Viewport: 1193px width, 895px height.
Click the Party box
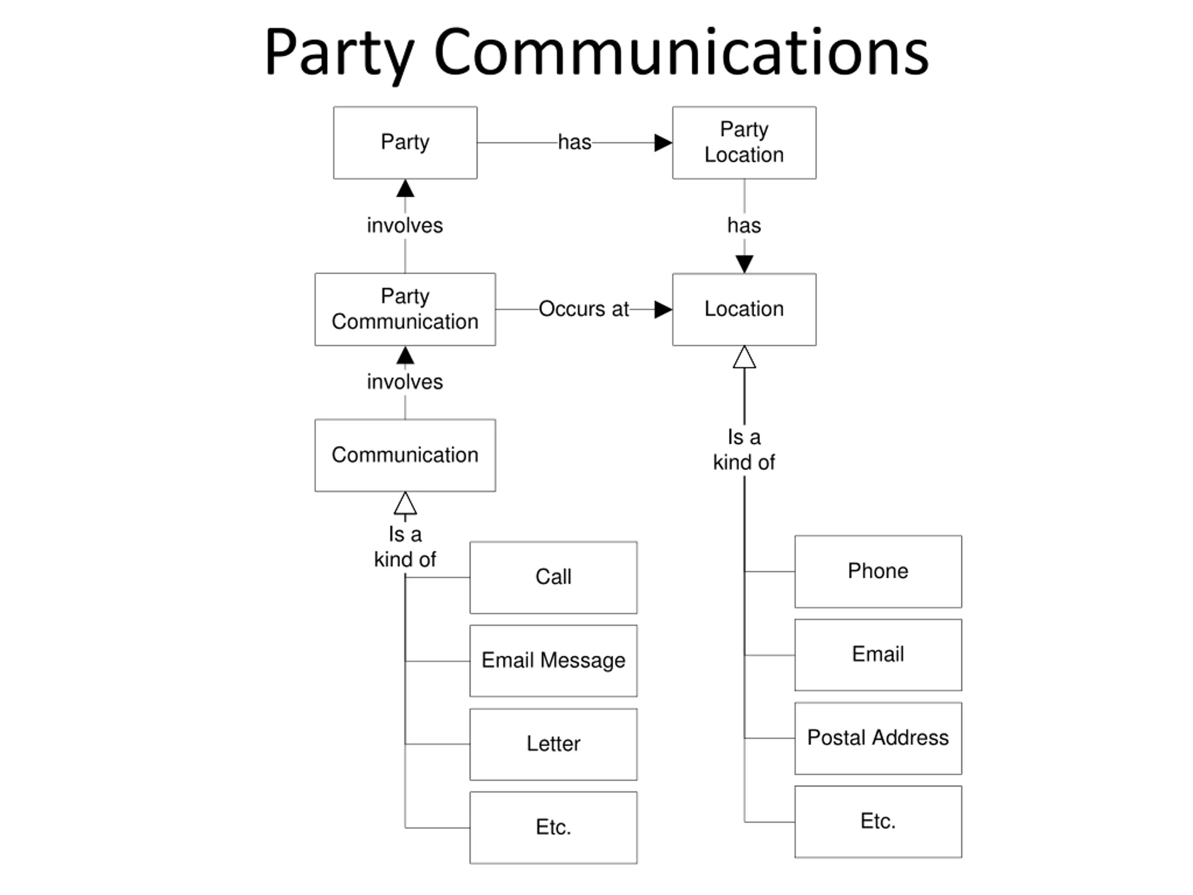coord(405,143)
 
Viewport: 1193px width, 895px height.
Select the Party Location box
coord(744,143)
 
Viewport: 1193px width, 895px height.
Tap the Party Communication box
coord(405,309)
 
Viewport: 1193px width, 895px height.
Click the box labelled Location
coord(744,309)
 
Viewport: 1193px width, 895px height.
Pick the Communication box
coord(405,455)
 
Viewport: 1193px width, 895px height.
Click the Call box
coord(553,577)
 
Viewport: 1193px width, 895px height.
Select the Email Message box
coord(553,661)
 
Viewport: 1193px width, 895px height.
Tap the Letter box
coord(553,744)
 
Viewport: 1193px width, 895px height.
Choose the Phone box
coord(878,571)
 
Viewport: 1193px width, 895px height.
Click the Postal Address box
coord(878,738)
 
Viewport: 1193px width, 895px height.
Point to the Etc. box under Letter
coord(553,827)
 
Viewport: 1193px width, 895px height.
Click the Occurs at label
coord(583,309)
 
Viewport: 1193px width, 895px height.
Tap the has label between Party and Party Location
coord(575,143)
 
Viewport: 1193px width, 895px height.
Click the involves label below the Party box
coord(405,226)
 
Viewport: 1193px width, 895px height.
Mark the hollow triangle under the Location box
coord(744,358)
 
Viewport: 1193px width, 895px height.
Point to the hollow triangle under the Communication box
coord(405,503)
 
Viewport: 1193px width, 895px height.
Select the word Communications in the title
coord(681,52)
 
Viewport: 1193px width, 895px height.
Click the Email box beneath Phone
coord(878,655)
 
